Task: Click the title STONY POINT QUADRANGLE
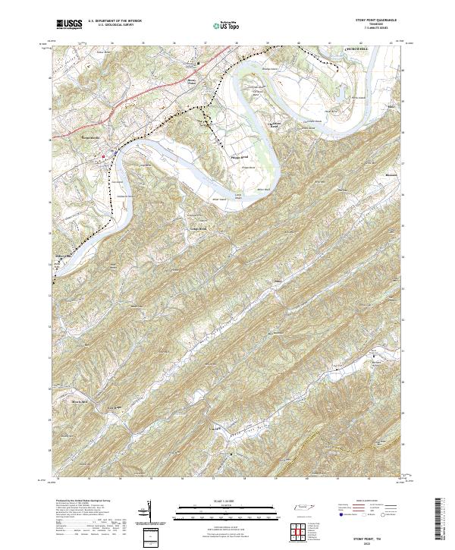point(375,20)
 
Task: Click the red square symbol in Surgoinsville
point(104,156)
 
